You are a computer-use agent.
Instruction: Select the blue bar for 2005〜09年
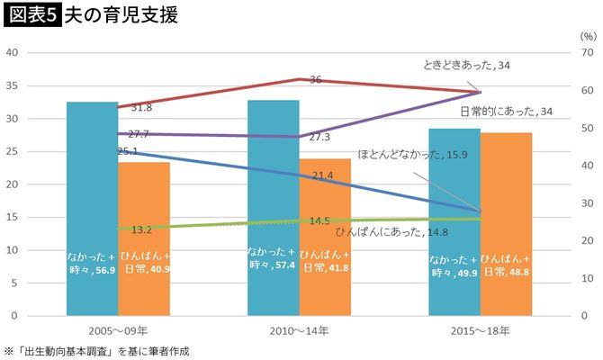tap(91, 207)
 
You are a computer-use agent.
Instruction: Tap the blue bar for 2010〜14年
tap(273, 207)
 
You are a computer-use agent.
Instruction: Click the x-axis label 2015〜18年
tap(481, 332)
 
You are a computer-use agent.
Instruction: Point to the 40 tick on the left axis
tap(13, 52)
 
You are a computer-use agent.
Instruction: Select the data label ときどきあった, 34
tap(469, 66)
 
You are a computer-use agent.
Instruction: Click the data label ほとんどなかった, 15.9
tap(413, 154)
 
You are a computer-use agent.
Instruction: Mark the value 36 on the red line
tap(315, 80)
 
